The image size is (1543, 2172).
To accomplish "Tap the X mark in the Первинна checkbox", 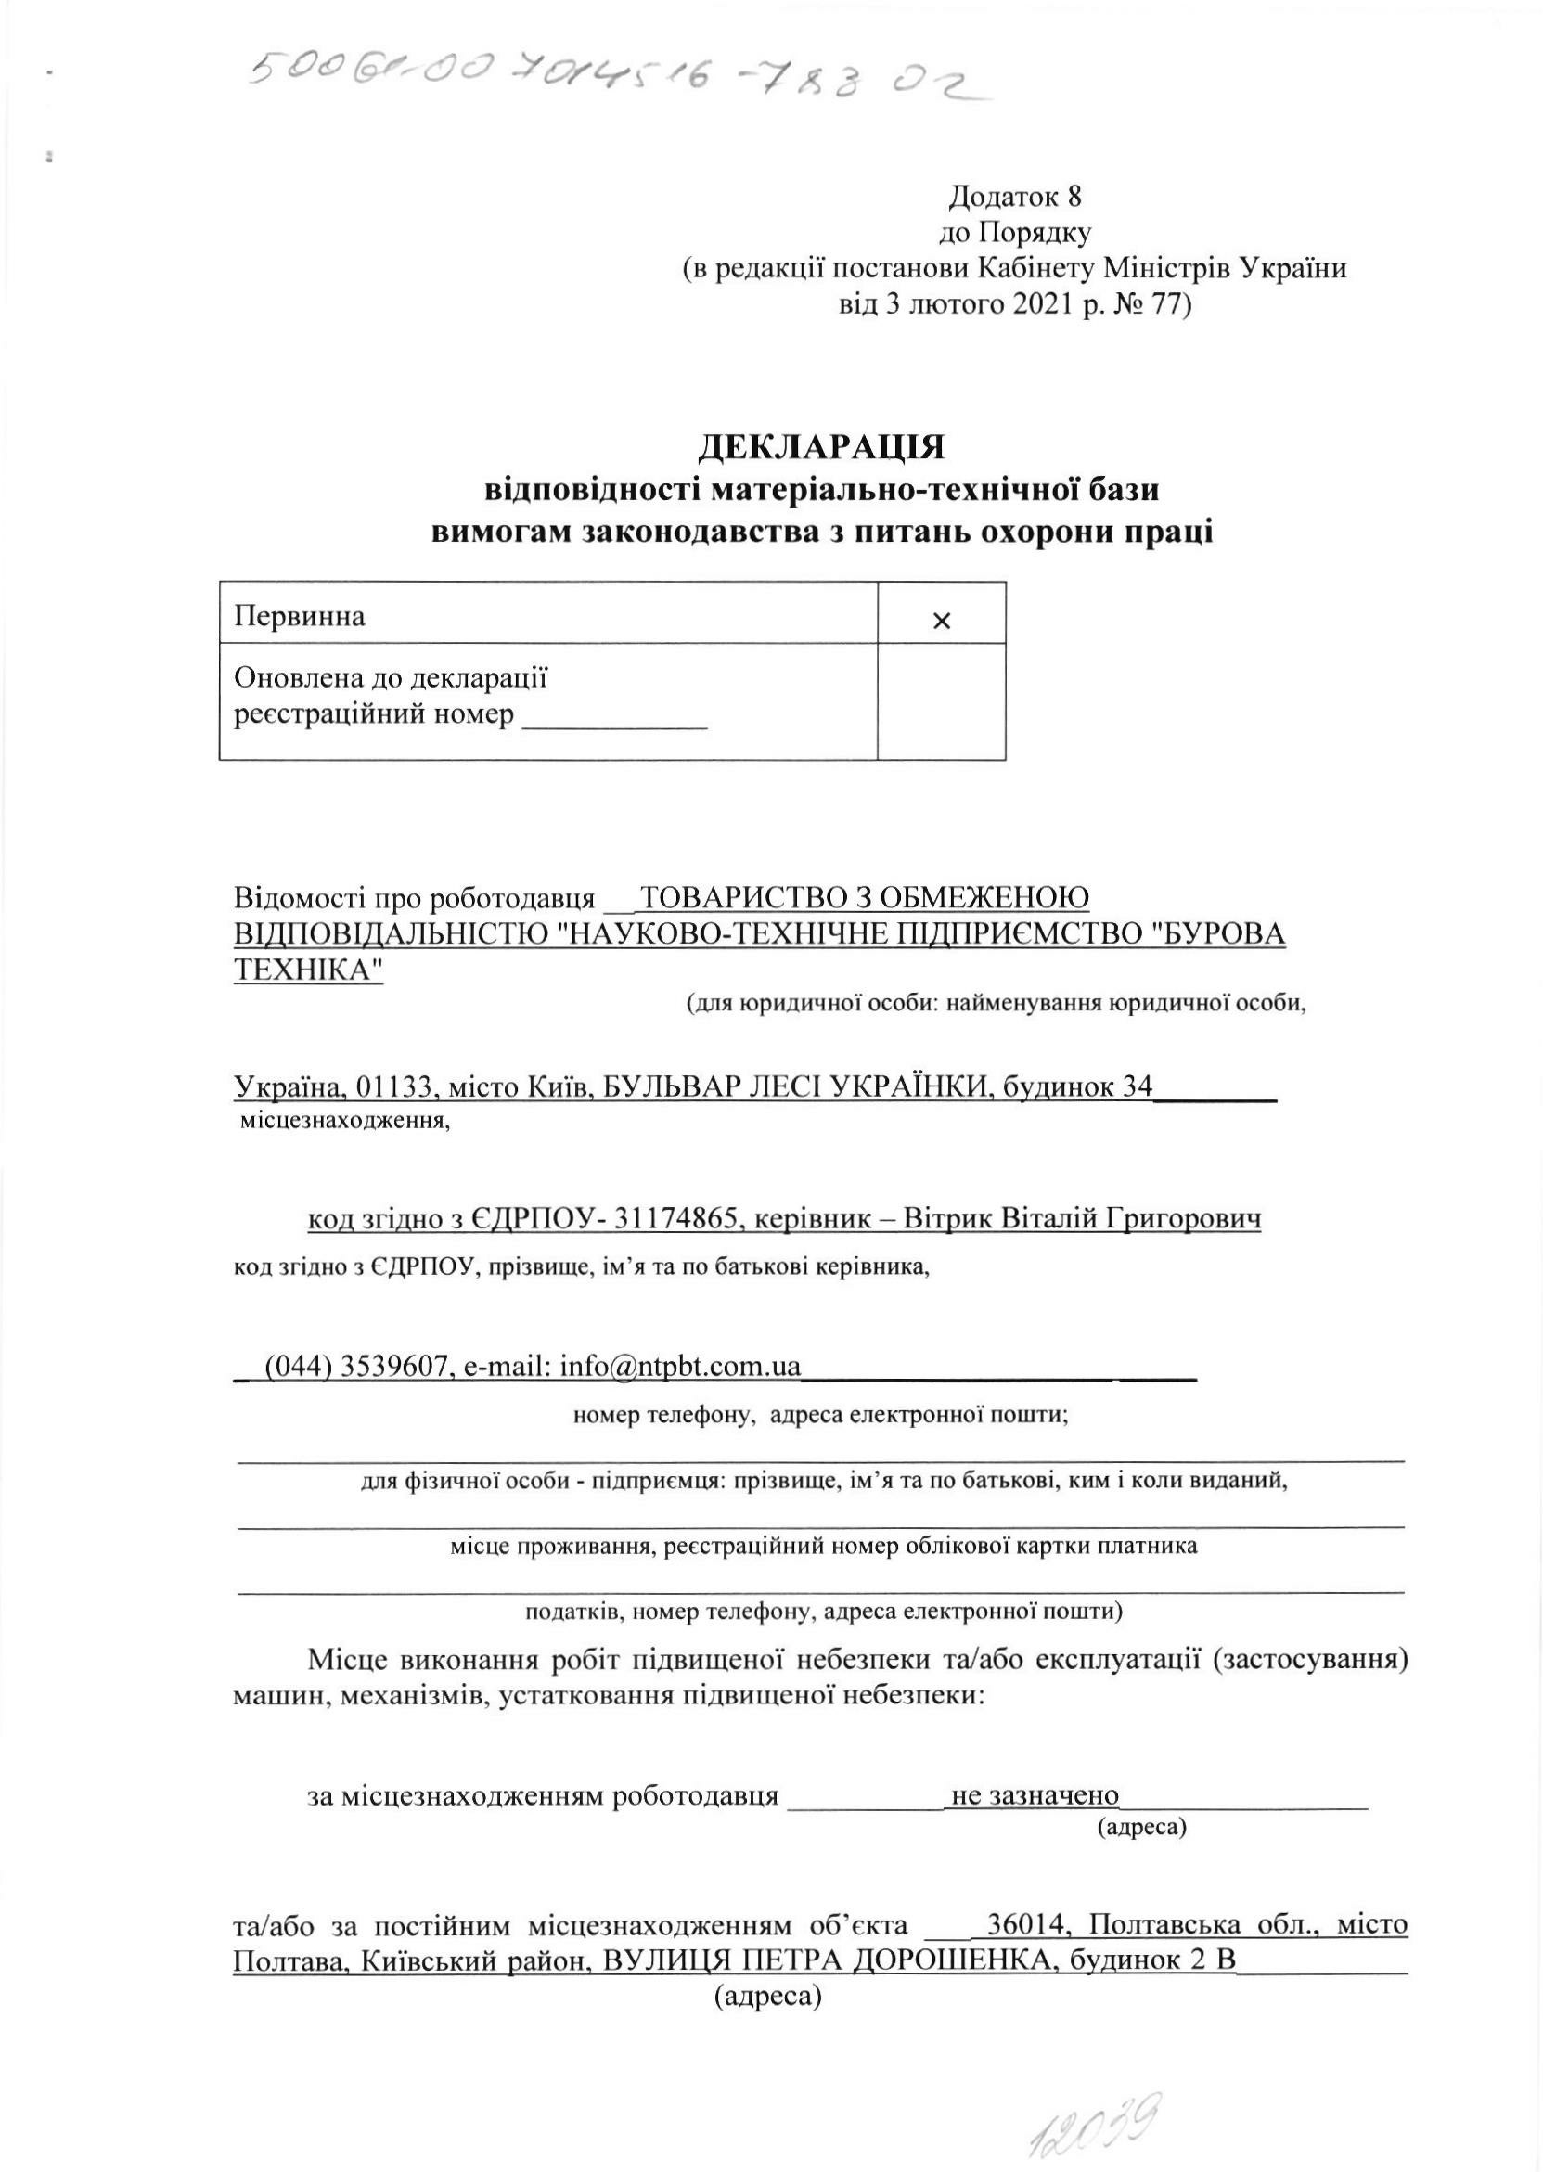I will (x=941, y=622).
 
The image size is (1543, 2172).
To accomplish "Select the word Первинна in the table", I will (x=300, y=617).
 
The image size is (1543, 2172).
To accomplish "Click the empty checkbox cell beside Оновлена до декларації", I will (x=941, y=701).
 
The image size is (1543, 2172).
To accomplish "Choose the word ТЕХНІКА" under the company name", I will (x=309, y=970).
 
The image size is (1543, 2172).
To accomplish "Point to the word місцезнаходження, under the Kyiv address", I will (x=345, y=1121).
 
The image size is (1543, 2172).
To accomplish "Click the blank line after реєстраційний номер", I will (x=616, y=716).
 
